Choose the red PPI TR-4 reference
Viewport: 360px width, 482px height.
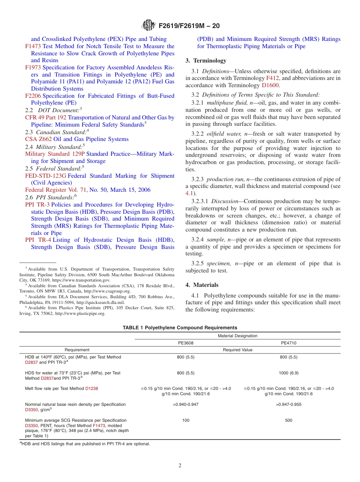pyautogui.click(x=38, y=240)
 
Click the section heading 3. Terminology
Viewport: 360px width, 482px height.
pyautogui.click(x=206, y=61)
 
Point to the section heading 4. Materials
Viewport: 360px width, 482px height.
pyautogui.click(x=202, y=285)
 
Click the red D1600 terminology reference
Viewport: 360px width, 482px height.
pyautogui.click(x=271, y=86)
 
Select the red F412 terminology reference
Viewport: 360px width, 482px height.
pyautogui.click(x=272, y=78)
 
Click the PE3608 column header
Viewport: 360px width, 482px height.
pyautogui.click(x=186, y=343)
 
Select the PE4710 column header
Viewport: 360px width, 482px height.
pyautogui.click(x=288, y=343)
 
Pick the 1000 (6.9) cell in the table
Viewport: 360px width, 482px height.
pyautogui.click(x=288, y=373)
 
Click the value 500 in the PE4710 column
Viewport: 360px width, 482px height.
pyautogui.click(x=288, y=420)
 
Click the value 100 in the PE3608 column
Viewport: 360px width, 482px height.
pyautogui.click(x=186, y=420)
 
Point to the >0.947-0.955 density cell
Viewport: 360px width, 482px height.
pyautogui.click(x=288, y=404)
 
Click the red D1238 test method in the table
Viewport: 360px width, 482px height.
pyautogui.click(x=91, y=388)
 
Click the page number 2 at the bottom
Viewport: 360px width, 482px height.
pyautogui.click(x=180, y=466)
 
